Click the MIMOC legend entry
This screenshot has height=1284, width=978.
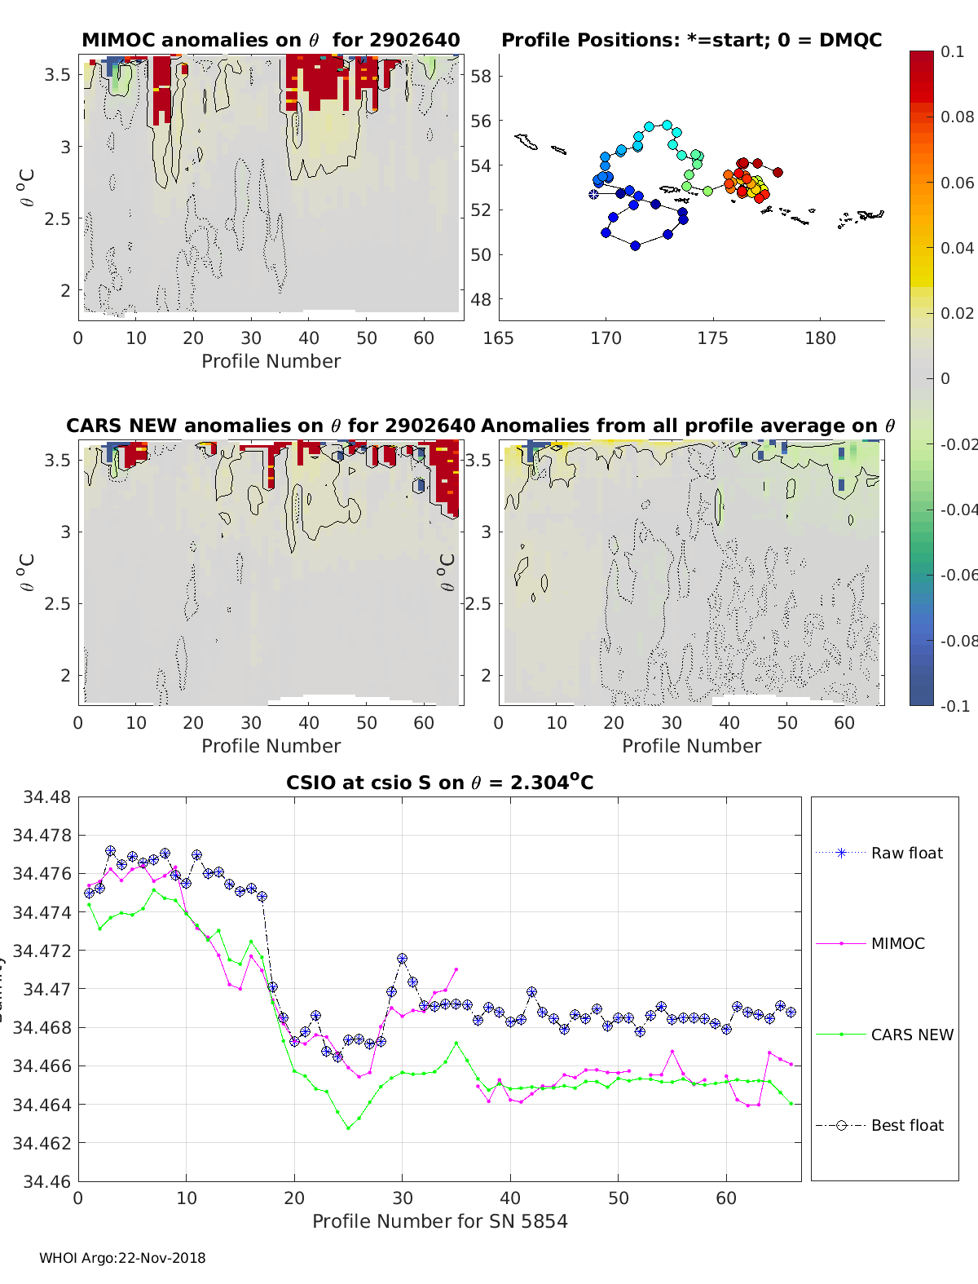pos(897,943)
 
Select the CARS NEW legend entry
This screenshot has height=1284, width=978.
pos(911,1035)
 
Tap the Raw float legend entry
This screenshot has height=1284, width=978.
pos(906,853)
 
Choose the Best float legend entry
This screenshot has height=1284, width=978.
pos(906,1125)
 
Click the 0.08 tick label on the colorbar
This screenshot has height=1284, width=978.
pos(957,117)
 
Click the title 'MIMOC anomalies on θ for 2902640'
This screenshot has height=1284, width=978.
pos(271,40)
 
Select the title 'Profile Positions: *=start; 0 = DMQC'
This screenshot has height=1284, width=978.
pos(691,40)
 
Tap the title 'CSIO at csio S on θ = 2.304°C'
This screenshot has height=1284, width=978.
pos(439,783)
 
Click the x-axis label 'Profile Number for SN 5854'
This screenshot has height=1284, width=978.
pos(439,1220)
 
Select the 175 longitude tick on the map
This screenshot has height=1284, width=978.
pos(712,338)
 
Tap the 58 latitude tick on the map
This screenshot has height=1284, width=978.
pos(481,77)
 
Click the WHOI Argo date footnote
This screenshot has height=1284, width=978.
pos(122,1258)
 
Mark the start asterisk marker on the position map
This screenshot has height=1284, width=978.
pos(593,194)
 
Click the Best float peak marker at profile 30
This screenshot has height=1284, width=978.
pos(402,959)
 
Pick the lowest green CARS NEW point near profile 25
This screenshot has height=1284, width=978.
pos(349,1128)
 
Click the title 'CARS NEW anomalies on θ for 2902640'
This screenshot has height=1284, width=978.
pos(271,426)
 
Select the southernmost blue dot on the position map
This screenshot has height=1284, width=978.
pos(636,245)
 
